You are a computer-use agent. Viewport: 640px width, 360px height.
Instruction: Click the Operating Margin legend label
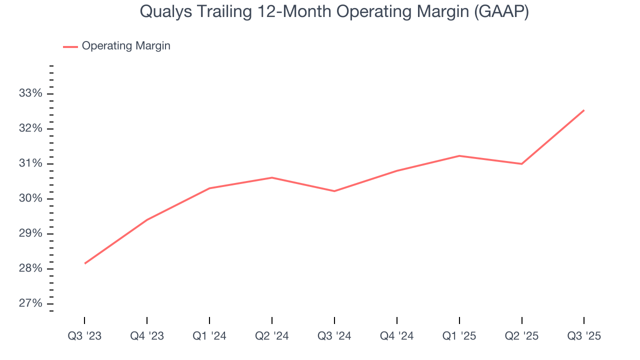[126, 46]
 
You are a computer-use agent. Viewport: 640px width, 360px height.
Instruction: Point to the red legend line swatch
[70, 46]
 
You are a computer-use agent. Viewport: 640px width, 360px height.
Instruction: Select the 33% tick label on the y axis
[31, 93]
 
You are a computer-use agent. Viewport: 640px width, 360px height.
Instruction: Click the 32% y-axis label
[31, 128]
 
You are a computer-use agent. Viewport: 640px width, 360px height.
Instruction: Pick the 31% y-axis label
[31, 163]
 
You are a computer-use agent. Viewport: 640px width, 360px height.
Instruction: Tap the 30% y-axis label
[31, 198]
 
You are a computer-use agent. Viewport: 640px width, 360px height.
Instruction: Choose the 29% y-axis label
[31, 233]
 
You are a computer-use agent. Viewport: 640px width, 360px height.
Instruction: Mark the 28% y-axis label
[31, 268]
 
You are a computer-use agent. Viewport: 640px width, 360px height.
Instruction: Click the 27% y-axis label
[31, 303]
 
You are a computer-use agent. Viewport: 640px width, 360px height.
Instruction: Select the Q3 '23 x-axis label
[84, 336]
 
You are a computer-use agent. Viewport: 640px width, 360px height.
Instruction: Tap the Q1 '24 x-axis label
[209, 336]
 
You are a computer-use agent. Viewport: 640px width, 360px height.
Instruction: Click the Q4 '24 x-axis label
[397, 336]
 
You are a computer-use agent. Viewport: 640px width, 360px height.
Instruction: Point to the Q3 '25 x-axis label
[584, 336]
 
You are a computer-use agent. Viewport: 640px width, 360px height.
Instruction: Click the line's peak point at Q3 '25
[584, 110]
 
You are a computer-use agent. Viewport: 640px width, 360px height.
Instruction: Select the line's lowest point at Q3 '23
[84, 263]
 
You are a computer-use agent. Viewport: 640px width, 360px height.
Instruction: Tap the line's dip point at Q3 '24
[334, 191]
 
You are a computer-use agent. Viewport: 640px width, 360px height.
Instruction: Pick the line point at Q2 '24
[272, 177]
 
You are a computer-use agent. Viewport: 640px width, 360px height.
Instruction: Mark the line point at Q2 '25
[521, 164]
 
